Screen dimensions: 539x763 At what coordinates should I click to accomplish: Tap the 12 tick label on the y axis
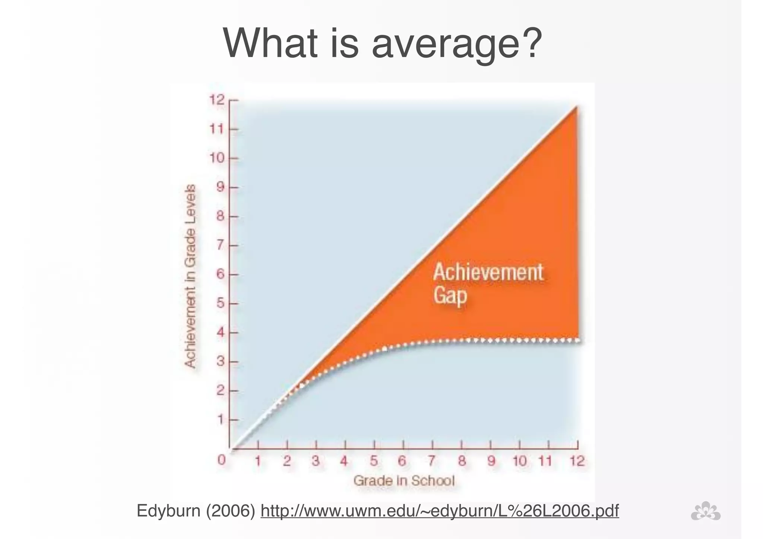coord(217,100)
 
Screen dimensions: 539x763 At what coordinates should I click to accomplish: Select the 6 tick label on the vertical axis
coord(221,275)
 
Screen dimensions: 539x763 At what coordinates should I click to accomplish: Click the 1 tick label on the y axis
coord(221,420)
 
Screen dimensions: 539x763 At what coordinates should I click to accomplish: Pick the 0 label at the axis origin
coord(222,460)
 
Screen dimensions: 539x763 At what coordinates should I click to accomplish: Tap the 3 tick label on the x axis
coord(316,461)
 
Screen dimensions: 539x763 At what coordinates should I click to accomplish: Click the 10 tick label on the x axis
coord(519,461)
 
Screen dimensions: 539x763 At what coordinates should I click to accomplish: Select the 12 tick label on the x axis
coord(577,461)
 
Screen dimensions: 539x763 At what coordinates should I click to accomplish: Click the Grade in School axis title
coord(404,481)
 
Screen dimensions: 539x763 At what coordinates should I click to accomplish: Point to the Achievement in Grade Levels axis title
coord(190,276)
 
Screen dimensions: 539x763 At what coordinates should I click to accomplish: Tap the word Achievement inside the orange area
coord(488,272)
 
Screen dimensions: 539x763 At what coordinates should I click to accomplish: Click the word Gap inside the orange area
coord(450,296)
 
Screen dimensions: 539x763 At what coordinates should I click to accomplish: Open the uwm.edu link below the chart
coord(440,511)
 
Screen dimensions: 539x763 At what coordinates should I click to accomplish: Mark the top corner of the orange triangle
coord(577,107)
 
